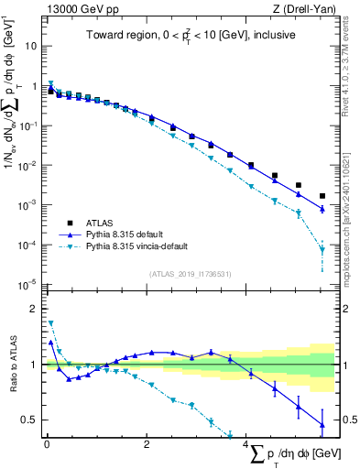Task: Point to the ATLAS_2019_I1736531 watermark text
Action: coord(191,274)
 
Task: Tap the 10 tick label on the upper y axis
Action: coord(31,46)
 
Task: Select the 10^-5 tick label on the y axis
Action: coord(29,283)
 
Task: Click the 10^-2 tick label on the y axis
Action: coord(29,165)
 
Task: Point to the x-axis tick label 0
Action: coord(47,446)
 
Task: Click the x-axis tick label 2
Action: coord(147,446)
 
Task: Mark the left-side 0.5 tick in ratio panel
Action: coord(32,420)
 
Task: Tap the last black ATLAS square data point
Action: coord(322,196)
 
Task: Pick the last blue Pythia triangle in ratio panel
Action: coord(322,423)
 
